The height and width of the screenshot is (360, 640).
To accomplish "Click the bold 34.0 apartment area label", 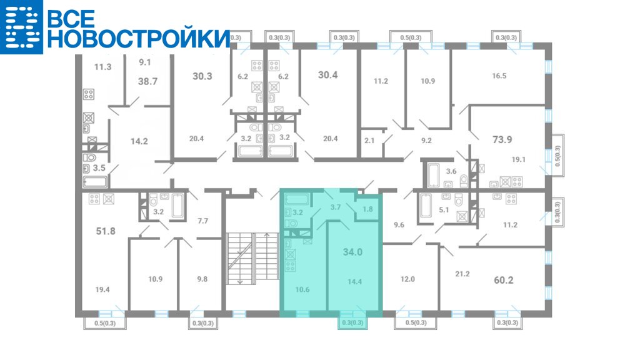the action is pos(352,252).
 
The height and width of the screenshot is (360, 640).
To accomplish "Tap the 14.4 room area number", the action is pos(354,281).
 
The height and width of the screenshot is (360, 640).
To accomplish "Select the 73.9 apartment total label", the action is pos(502,139).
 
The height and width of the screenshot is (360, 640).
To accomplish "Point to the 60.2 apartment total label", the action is pos(503,280).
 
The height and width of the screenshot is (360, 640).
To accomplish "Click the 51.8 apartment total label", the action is pos(105,231).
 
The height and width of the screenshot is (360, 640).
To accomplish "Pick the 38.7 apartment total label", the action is pos(147,81).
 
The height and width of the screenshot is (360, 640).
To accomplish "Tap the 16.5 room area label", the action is pos(499,76).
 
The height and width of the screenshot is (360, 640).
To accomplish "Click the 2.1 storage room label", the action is pos(369,141).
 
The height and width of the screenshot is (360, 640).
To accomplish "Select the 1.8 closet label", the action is pos(367,209).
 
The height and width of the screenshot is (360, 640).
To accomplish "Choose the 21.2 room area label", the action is pos(462,274).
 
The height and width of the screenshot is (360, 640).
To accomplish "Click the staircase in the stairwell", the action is pos(252,256).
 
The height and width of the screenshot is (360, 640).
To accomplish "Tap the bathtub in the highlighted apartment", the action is pos(297,199).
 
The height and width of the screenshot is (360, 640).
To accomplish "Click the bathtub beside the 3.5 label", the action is pos(95,182).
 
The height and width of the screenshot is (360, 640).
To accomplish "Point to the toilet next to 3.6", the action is pos(463,181).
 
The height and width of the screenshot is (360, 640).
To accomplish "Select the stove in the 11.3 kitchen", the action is pos(89,94).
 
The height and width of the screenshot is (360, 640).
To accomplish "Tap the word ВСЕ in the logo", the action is pos(71,18).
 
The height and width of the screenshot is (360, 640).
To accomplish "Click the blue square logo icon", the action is pos(21,27).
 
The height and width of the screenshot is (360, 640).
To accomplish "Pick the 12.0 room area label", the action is pos(407,279).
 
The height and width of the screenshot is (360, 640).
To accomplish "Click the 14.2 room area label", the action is pos(139,142).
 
